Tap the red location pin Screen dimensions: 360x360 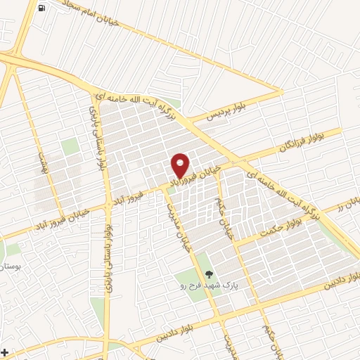pos(180,165)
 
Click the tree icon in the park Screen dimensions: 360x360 pos(207,274)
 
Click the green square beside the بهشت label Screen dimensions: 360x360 pos(69,147)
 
